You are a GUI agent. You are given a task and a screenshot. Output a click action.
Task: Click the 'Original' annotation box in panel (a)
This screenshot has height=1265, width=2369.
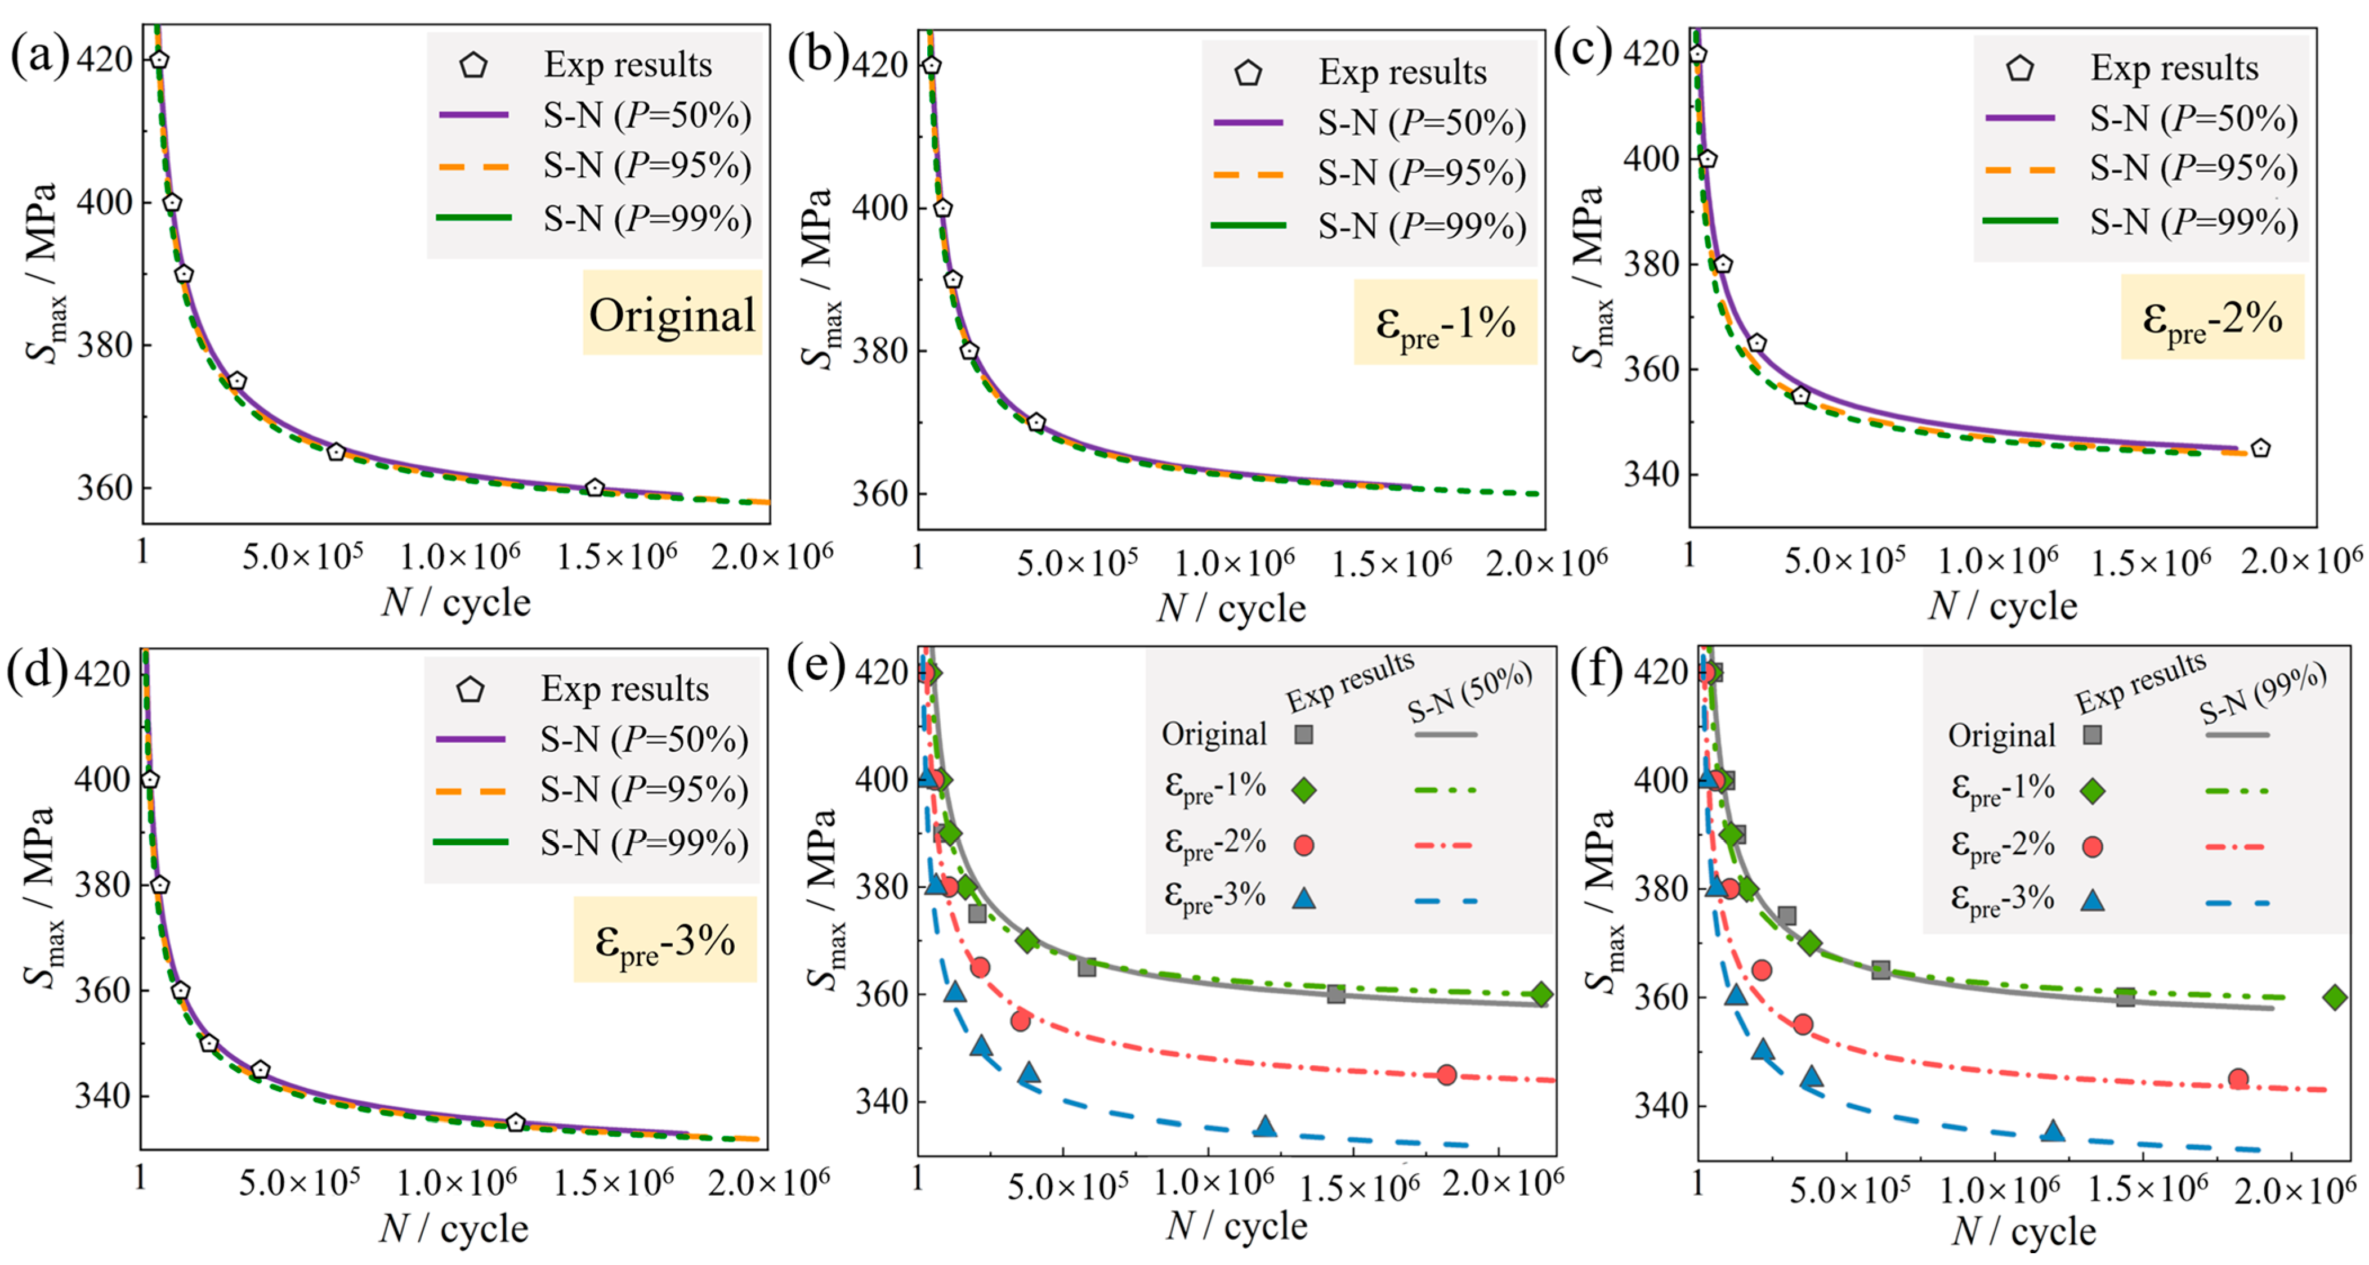(x=672, y=312)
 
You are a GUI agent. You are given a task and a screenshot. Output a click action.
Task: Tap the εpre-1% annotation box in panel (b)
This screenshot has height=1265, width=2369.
(x=1445, y=322)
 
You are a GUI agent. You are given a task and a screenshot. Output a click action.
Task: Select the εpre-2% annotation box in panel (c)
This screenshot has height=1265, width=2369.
(x=2212, y=316)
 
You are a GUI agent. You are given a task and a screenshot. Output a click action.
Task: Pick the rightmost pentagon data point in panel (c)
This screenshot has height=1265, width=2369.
(x=2260, y=448)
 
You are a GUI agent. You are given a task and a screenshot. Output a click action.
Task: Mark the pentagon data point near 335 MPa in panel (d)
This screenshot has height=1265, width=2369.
(x=515, y=1123)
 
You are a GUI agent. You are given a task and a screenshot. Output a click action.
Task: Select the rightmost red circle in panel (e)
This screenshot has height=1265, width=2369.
(x=1447, y=1074)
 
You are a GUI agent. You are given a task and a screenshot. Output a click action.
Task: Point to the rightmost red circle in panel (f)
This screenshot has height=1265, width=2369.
(x=2238, y=1078)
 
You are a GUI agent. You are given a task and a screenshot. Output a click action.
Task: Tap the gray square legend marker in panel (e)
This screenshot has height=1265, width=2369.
(x=1303, y=734)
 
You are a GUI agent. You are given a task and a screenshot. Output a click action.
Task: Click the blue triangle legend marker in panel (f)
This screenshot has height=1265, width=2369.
(x=2092, y=899)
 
